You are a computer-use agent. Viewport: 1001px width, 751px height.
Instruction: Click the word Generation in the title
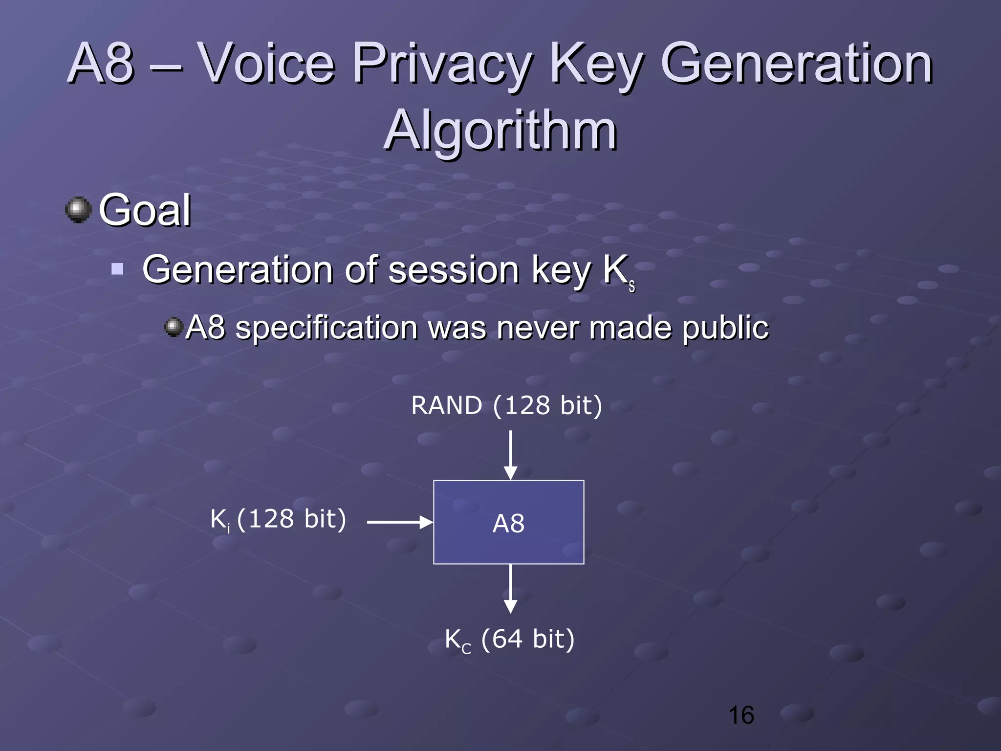click(x=797, y=64)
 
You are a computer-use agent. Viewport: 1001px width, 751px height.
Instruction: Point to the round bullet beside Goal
click(x=78, y=210)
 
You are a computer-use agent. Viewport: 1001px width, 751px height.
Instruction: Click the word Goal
click(x=145, y=210)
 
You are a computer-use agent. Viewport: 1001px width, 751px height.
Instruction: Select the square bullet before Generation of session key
click(x=117, y=269)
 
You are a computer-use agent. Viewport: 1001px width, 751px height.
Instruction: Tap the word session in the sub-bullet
click(x=453, y=270)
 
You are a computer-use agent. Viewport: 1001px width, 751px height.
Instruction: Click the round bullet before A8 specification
click(x=173, y=327)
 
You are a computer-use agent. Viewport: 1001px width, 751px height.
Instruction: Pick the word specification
click(x=326, y=328)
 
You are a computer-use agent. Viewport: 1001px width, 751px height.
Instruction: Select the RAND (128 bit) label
click(x=506, y=405)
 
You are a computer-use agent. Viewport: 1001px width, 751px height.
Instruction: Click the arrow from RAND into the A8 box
click(x=510, y=455)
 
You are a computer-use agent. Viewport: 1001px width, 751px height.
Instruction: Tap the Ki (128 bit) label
click(x=278, y=519)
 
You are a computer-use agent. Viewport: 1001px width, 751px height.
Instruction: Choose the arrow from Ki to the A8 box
click(x=400, y=522)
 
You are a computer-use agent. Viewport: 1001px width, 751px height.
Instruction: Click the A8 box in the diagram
click(x=508, y=522)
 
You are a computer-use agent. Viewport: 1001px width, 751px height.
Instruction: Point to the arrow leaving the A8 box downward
click(x=510, y=589)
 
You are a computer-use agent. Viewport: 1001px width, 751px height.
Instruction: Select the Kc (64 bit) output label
click(x=509, y=640)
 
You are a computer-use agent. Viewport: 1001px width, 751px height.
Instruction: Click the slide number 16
click(x=741, y=715)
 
